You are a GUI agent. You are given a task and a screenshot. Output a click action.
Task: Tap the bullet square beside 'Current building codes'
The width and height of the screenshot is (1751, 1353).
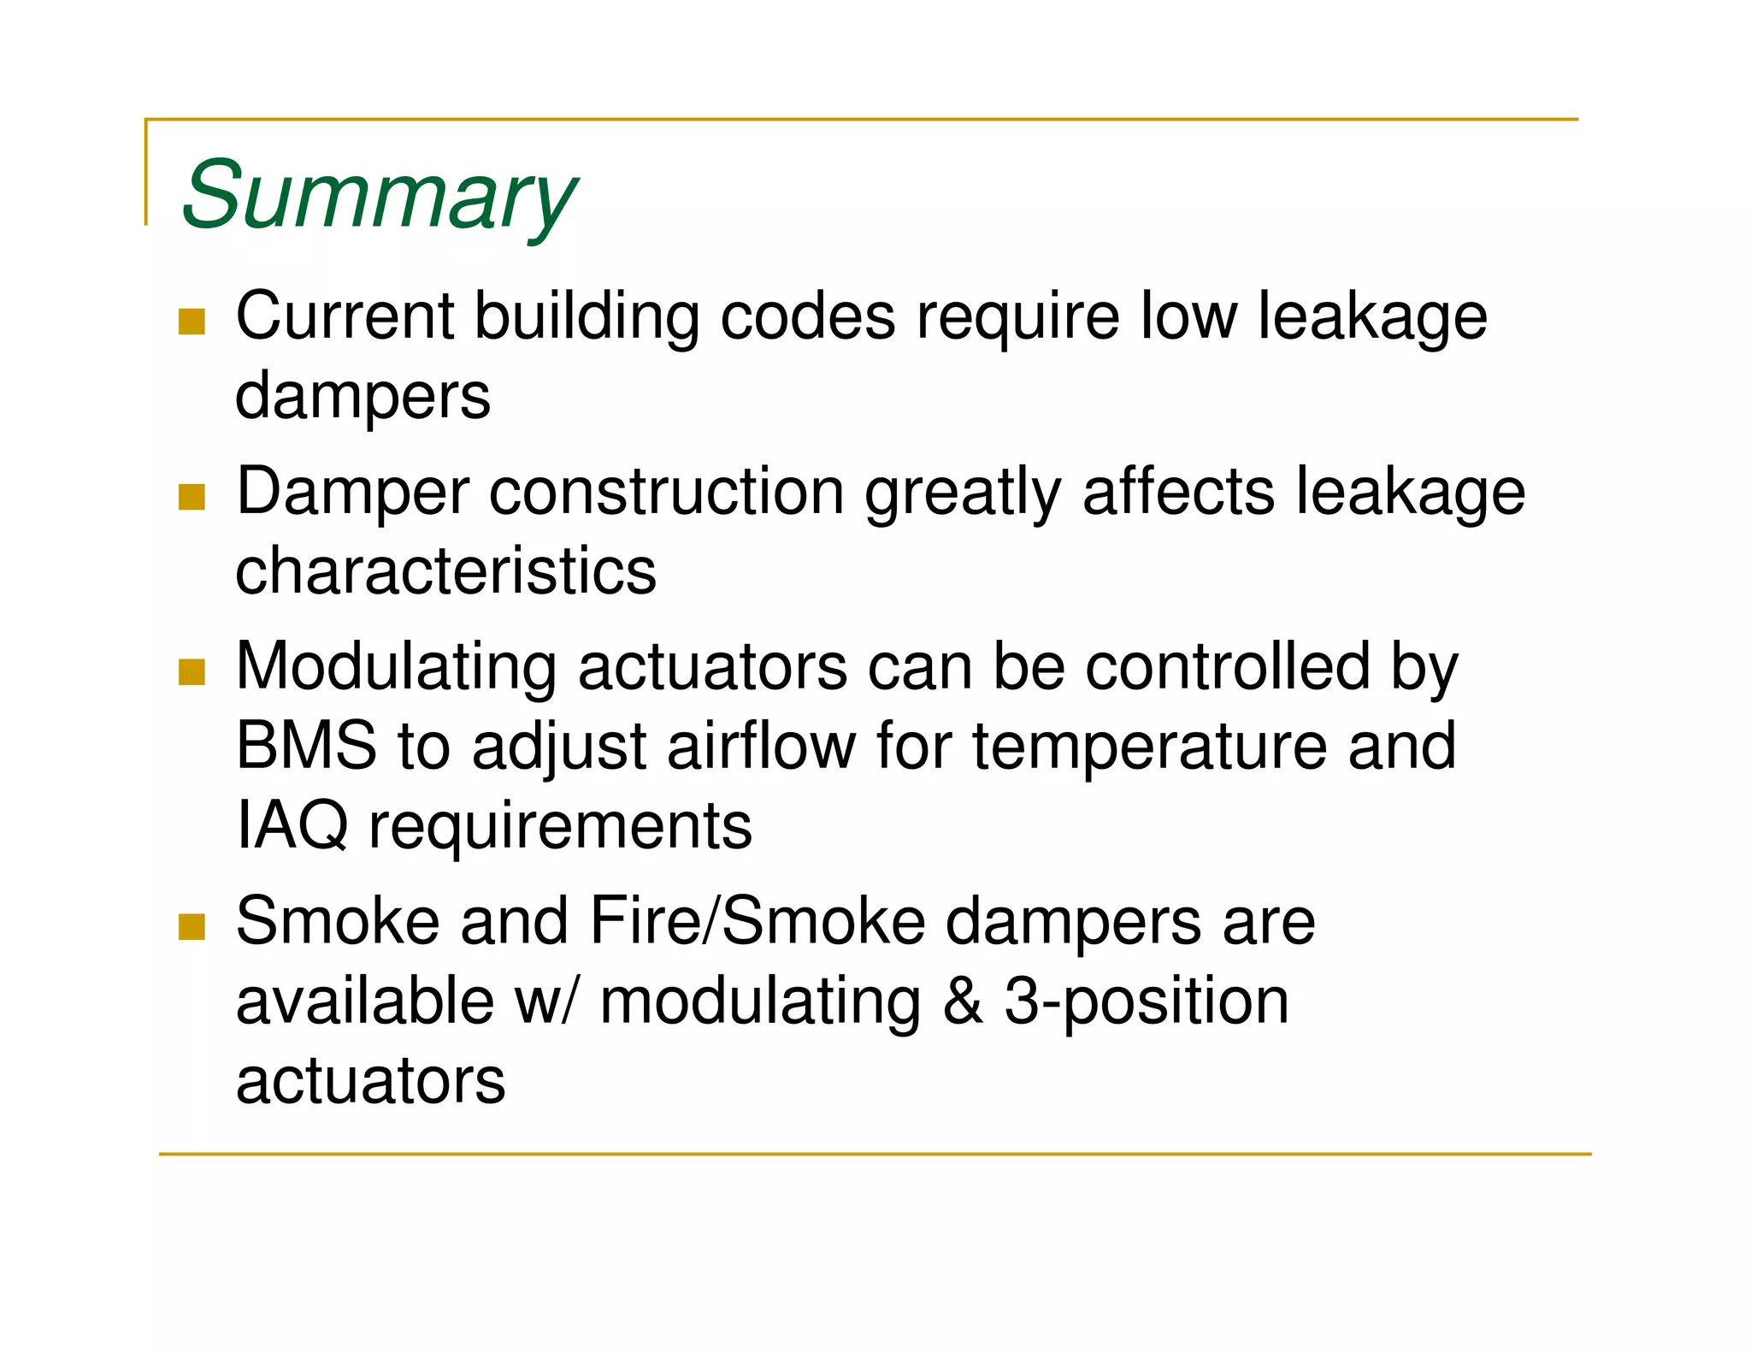[x=192, y=322]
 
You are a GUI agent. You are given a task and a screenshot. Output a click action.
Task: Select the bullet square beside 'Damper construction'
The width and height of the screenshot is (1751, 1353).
[x=192, y=497]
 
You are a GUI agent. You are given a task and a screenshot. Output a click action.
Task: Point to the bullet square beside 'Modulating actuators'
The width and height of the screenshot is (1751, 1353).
[x=192, y=672]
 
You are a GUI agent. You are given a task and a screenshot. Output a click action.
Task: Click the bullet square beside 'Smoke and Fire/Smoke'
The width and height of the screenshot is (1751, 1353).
[x=192, y=926]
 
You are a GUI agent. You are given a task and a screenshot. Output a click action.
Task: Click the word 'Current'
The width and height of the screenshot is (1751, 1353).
[x=345, y=316]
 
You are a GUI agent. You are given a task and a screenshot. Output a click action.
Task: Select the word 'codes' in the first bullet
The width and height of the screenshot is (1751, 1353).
[x=808, y=316]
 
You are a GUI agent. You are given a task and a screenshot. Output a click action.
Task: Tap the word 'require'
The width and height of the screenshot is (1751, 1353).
[x=1017, y=316]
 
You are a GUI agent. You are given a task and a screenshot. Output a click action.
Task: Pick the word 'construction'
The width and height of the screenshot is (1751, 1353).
[x=666, y=492]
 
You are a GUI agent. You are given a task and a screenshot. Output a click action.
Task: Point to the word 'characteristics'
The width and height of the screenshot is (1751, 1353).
[x=445, y=571]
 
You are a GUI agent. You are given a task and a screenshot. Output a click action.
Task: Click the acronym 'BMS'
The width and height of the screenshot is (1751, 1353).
[x=305, y=746]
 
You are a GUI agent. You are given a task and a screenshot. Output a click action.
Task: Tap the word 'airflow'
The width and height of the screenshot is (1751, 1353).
[x=761, y=746]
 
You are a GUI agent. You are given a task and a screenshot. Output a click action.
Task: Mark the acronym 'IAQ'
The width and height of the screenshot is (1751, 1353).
[x=292, y=826]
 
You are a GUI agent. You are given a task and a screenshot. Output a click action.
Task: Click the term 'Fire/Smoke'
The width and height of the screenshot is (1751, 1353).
[x=758, y=921]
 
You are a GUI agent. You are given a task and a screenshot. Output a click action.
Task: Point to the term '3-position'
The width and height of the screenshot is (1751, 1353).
[x=1146, y=1002]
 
